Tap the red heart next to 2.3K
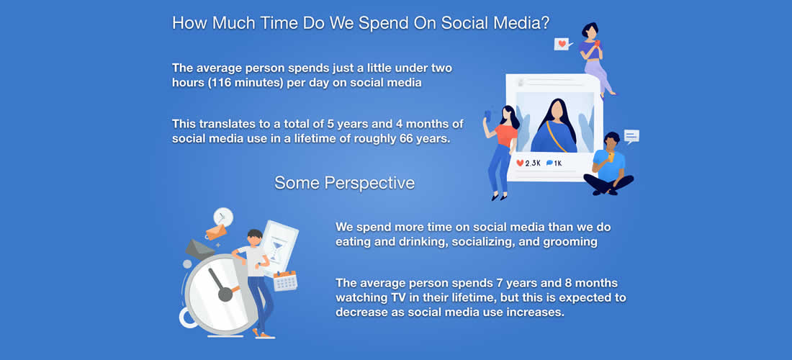tap(520, 163)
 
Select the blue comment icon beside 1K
tap(549, 163)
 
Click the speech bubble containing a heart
tap(562, 44)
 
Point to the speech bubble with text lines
tap(631, 136)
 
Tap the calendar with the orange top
tap(285, 281)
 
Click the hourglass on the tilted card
tap(275, 251)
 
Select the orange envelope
tap(216, 232)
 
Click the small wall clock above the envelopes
tap(222, 217)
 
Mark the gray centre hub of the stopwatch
tap(225, 293)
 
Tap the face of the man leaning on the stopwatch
tap(255, 241)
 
